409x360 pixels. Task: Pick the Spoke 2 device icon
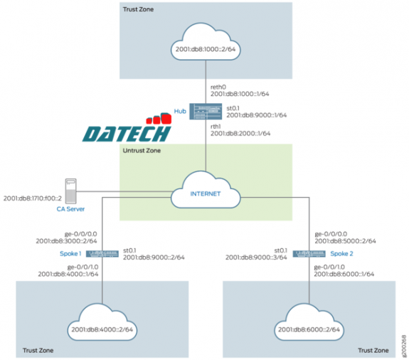[308, 254]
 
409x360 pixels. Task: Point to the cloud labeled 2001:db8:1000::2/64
[205, 49]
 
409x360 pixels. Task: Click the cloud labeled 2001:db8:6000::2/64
[308, 328]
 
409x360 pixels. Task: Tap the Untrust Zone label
[142, 151]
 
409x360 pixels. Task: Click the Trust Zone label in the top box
[139, 10]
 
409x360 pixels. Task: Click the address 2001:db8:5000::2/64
[344, 241]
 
